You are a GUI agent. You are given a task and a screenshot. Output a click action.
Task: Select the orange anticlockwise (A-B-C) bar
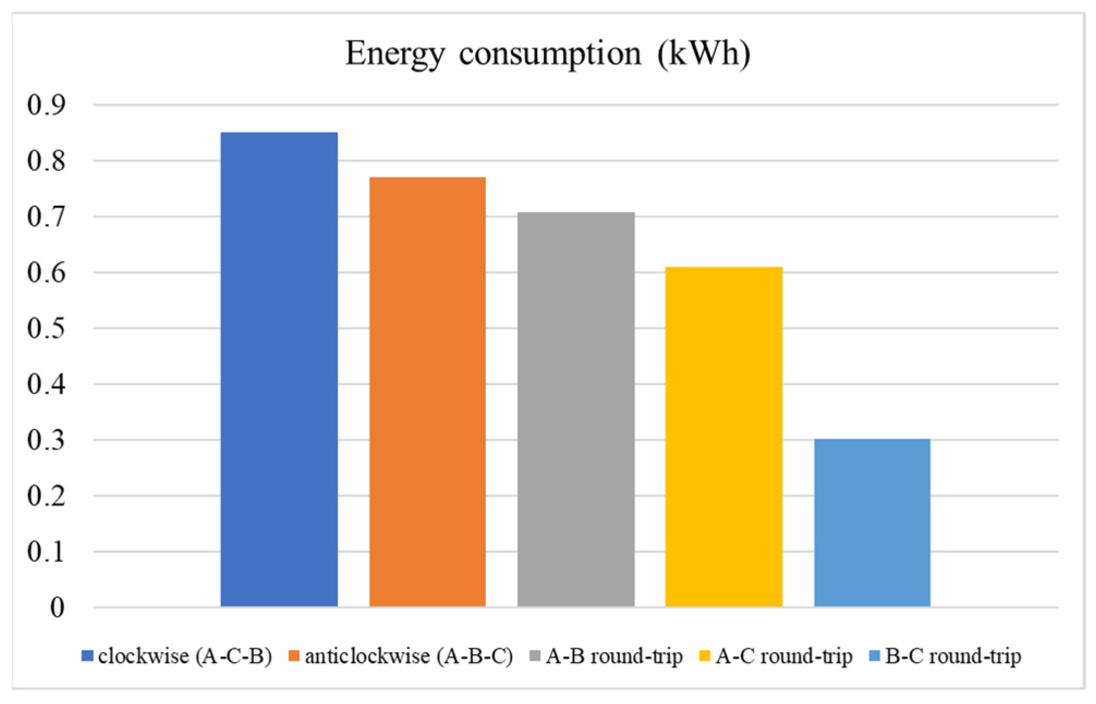[x=427, y=391]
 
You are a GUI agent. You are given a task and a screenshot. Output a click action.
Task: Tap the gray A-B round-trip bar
[x=576, y=409]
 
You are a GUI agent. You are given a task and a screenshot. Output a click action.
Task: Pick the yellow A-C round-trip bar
[x=724, y=436]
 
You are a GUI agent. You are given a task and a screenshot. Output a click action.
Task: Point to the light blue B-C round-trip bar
[x=872, y=522]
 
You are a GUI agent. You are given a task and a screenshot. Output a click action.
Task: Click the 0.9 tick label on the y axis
[x=46, y=105]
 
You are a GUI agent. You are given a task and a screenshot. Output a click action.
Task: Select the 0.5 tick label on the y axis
[x=46, y=328]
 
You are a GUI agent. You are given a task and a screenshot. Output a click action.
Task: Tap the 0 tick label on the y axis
[x=57, y=607]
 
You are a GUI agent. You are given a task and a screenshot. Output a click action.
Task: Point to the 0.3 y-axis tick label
[x=46, y=440]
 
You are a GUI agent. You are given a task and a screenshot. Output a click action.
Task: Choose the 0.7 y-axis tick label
[x=46, y=217]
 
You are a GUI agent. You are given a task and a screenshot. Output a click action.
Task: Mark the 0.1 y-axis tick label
[x=46, y=552]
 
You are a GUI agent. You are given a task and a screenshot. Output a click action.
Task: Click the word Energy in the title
[x=395, y=54]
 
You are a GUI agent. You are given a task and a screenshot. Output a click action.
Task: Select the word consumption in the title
[x=550, y=54]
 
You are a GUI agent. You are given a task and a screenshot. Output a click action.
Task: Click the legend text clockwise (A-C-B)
[x=185, y=656]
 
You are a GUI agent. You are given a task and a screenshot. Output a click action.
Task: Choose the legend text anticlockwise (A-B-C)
[x=409, y=656]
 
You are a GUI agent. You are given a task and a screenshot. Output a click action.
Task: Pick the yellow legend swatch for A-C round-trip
[x=705, y=656]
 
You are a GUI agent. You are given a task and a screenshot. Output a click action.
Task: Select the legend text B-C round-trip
[x=953, y=656]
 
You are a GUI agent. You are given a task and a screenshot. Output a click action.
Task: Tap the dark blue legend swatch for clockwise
[x=87, y=656]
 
